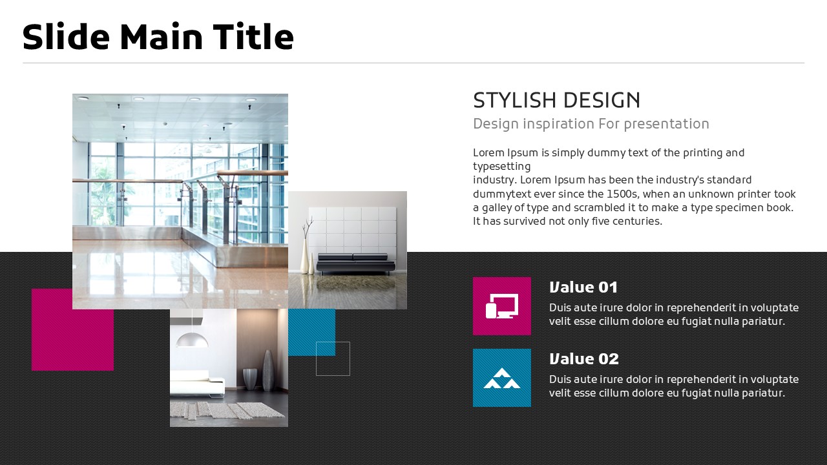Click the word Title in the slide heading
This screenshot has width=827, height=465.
(x=253, y=36)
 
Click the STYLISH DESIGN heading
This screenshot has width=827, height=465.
(x=557, y=100)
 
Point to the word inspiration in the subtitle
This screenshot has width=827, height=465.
(x=559, y=124)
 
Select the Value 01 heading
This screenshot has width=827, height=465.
(x=583, y=287)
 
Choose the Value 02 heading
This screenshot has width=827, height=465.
(x=583, y=358)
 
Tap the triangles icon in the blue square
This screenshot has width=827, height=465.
(x=502, y=378)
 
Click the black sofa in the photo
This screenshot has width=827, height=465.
(x=355, y=263)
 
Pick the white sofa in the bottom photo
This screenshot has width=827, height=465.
(x=197, y=384)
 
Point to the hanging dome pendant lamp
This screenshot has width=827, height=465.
(x=192, y=340)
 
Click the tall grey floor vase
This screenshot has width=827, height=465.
(x=268, y=371)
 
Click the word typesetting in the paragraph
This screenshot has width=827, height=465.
(x=502, y=167)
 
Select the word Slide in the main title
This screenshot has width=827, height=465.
(x=66, y=36)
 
